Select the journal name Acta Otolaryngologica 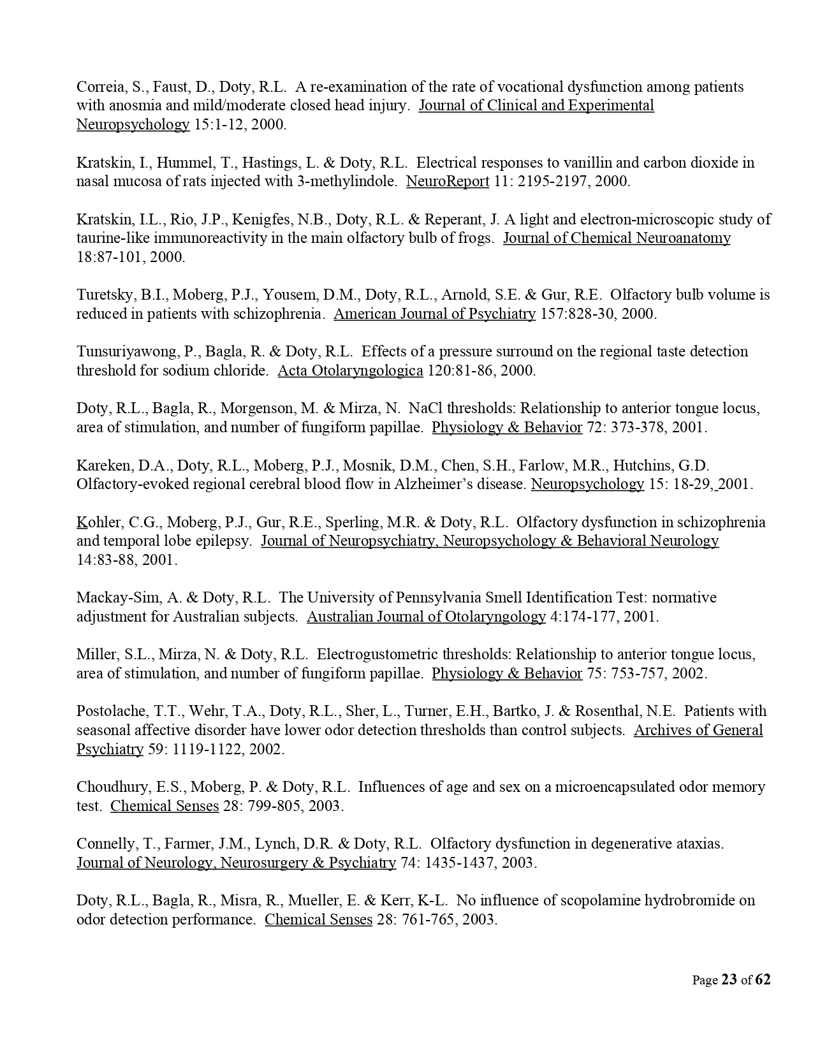pos(350,370)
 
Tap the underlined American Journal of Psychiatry pos(434,314)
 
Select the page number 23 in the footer pos(729,980)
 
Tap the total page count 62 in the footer pos(763,980)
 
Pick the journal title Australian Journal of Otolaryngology pos(426,617)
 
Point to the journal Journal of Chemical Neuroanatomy pos(617,238)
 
